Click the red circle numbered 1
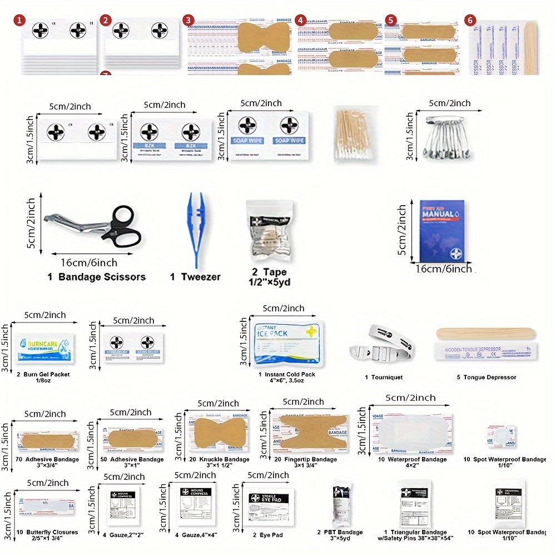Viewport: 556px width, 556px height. coord(20,21)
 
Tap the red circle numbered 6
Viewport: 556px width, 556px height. coord(471,21)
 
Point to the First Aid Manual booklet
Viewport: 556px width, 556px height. coord(442,230)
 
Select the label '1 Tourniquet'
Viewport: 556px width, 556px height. coord(384,378)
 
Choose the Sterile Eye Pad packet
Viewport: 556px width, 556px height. coord(269,506)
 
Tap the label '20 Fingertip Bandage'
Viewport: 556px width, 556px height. coord(305,459)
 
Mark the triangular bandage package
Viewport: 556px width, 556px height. coord(416,506)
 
